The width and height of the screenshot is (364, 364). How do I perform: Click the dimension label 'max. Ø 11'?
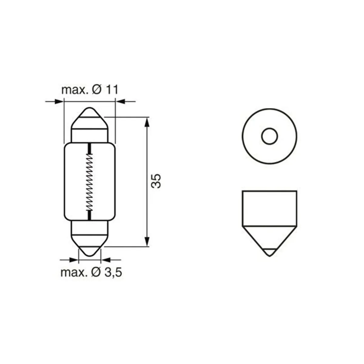coord(90,90)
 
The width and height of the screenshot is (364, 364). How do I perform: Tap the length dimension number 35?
coord(156,181)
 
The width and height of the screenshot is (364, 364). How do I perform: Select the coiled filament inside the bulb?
coord(89,182)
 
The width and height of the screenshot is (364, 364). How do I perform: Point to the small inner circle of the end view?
coord(269,136)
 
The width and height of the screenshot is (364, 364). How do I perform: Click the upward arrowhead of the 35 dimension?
coord(147,123)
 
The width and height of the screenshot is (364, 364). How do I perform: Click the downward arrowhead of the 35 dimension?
coord(147,241)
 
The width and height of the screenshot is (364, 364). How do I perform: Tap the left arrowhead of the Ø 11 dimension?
coord(59,101)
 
